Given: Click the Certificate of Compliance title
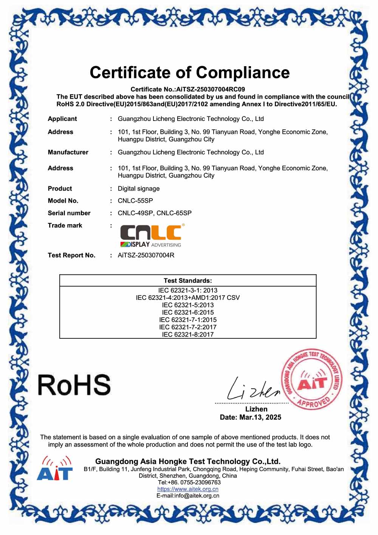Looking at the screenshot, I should (x=189, y=72).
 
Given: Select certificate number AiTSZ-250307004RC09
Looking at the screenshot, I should (x=211, y=89).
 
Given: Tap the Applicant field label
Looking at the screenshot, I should (x=62, y=119).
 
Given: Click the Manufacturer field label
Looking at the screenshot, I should (x=68, y=152).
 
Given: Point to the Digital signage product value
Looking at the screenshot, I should (x=139, y=188).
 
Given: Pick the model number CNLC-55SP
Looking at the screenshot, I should (x=135, y=200).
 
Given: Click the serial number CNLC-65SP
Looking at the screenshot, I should (x=174, y=213).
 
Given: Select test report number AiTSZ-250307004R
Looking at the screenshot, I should (x=146, y=255).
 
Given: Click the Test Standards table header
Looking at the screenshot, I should (x=188, y=281).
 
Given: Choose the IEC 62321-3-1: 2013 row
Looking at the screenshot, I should (x=188, y=290).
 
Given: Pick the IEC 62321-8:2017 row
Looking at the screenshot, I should (x=188, y=334).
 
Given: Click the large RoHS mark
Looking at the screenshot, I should (x=74, y=385).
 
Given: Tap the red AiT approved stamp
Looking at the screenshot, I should (x=311, y=379).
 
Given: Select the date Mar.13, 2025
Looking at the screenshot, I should (x=260, y=417).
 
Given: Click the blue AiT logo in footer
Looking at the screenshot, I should (x=55, y=469).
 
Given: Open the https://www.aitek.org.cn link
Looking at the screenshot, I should (x=188, y=489).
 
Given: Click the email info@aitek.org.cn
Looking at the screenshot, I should (x=197, y=495).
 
